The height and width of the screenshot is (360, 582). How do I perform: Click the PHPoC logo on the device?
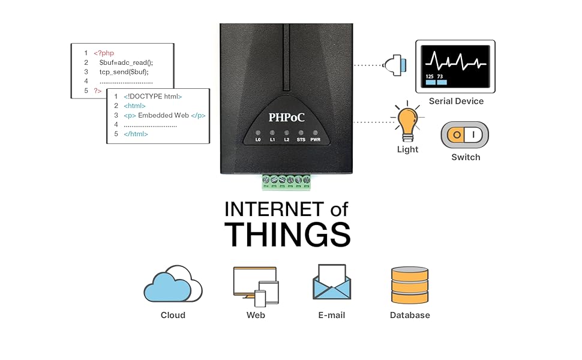pos(286,117)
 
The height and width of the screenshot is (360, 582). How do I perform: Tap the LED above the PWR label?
pos(315,133)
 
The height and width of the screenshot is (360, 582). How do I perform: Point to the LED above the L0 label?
pos(258,133)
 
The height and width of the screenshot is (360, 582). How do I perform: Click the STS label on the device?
pos(301,140)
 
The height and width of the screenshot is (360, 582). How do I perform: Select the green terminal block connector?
pos(286,182)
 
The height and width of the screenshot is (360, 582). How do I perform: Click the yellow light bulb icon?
pos(407,121)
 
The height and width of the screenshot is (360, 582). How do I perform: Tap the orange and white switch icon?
pos(465,135)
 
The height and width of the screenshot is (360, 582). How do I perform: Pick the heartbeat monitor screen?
pos(455,67)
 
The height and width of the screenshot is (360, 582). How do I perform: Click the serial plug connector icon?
pos(395,65)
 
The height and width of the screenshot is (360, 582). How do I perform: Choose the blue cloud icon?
pos(168,287)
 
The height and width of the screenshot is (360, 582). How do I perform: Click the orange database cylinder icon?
pos(410,285)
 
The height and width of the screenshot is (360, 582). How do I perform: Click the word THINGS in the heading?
pos(287,235)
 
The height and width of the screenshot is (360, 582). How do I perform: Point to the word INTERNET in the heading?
pos(274,209)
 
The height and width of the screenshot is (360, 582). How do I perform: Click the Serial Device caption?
pos(456,101)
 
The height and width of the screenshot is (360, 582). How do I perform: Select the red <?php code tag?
pos(104,53)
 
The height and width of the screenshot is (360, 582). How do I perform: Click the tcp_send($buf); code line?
pos(124,72)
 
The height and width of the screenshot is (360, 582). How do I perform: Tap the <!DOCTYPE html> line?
pos(153,97)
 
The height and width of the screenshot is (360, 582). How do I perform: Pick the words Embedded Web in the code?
pos(163,115)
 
